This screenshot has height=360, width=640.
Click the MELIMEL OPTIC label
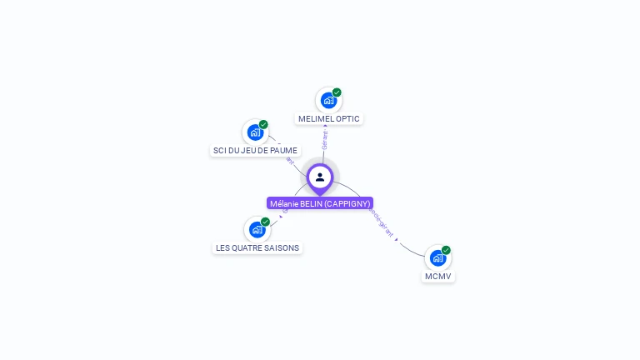coord(329,118)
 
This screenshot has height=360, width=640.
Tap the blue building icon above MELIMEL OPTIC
coord(328,100)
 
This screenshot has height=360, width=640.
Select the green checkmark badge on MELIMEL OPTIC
coord(337,92)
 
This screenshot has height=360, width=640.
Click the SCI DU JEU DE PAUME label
coord(255,150)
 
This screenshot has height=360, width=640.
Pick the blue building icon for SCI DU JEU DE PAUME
coord(255,132)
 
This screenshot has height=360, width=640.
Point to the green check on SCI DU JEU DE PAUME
coord(263,124)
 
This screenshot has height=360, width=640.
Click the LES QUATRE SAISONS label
coord(257,247)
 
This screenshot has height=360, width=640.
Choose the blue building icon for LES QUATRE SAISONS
coord(257,229)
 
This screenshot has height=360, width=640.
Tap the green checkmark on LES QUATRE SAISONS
coord(265,222)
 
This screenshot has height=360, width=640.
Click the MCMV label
coord(438,276)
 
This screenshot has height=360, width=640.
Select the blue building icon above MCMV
coord(437,257)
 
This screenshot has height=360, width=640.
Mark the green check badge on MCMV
coord(446,250)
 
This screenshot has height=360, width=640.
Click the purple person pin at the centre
coord(320,177)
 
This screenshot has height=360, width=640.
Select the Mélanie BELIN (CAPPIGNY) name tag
coord(320,203)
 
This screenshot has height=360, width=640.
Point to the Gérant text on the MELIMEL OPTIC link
coord(324,139)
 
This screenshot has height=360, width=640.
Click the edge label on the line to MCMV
coord(381,221)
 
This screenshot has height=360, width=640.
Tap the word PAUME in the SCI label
coord(283,150)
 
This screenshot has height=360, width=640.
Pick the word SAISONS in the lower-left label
coord(282,247)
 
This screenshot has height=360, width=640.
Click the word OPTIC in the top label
coord(347,118)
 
